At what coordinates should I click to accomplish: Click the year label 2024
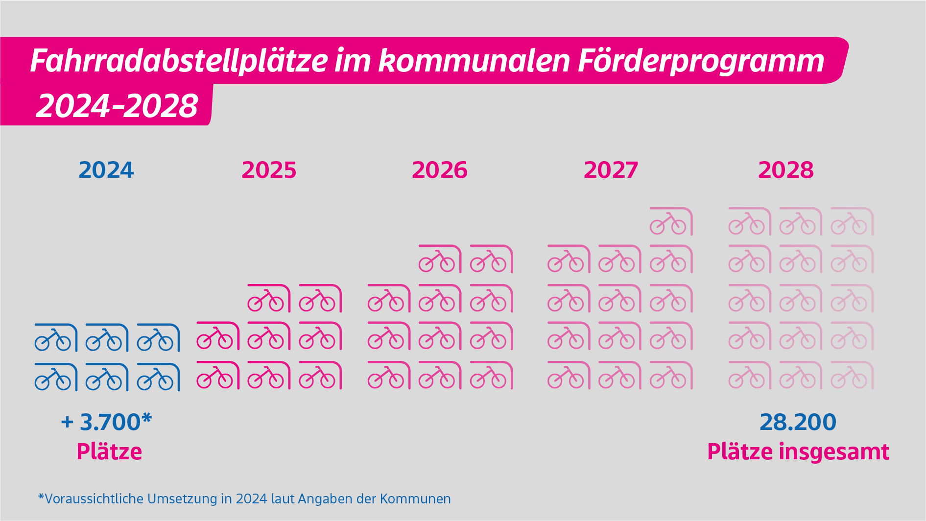[106, 170]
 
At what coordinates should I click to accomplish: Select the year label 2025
[269, 170]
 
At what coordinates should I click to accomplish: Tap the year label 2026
[440, 170]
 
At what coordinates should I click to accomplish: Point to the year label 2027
[611, 170]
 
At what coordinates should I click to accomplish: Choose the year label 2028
[786, 170]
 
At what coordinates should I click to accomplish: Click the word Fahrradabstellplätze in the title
[179, 61]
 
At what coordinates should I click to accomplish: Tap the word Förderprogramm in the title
[701, 61]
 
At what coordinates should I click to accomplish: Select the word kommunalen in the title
[475, 61]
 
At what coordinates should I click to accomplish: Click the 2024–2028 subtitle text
[117, 106]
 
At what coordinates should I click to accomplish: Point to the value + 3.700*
[107, 422]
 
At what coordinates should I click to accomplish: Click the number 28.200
[798, 422]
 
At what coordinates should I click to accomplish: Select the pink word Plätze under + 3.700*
[109, 451]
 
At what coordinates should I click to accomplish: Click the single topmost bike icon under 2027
[671, 222]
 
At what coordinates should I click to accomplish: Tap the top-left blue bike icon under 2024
[56, 338]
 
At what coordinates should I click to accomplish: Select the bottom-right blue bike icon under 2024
[158, 377]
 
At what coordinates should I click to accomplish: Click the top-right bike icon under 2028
[852, 222]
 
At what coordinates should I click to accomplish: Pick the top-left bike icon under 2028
[749, 222]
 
